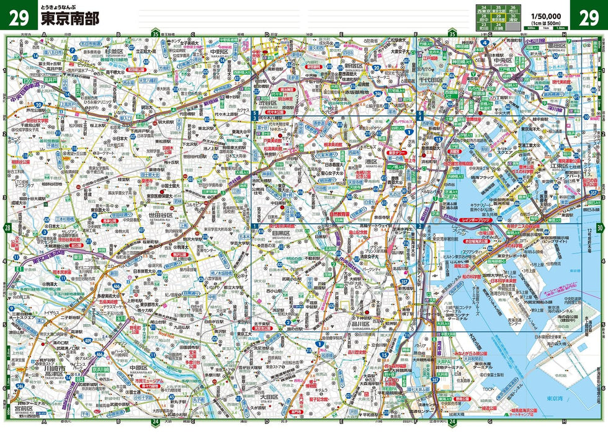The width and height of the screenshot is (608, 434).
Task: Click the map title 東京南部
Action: tap(68, 19)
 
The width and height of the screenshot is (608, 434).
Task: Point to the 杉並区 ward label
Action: tap(115, 48)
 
